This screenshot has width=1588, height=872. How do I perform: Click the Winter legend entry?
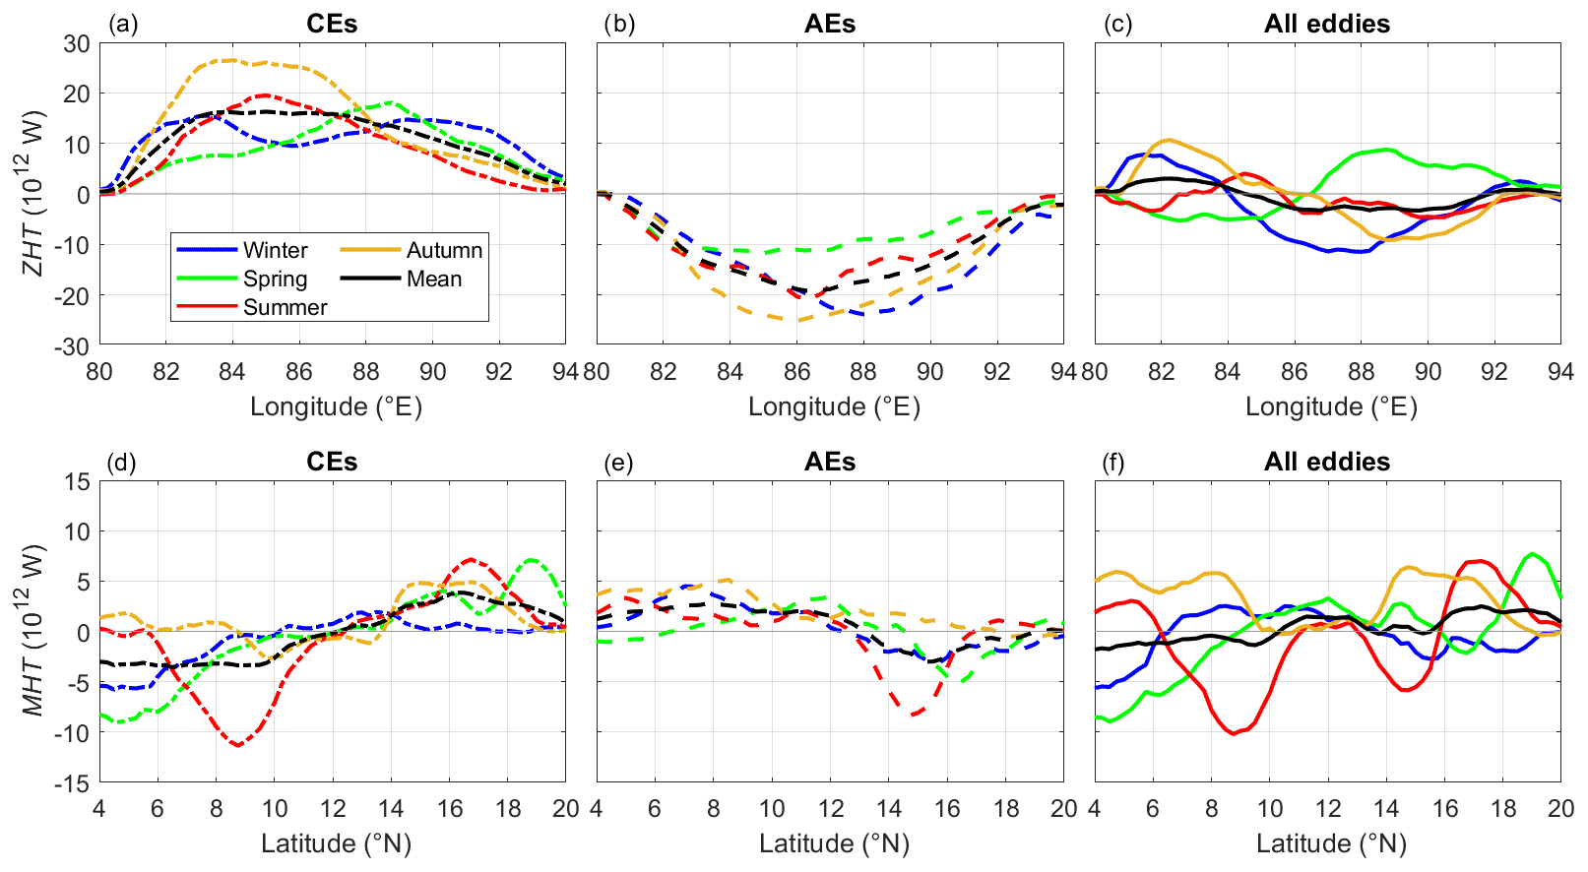pyautogui.click(x=275, y=250)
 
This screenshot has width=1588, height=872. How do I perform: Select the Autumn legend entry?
pyautogui.click(x=444, y=250)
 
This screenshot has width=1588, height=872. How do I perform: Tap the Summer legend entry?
pyautogui.click(x=285, y=307)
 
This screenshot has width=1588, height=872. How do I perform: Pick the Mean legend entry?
pyautogui.click(x=433, y=279)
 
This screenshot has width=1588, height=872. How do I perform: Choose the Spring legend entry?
pyautogui.click(x=275, y=279)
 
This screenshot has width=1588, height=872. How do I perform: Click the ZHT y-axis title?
pyautogui.click(x=35, y=194)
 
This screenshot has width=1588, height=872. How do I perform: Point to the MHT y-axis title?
pyautogui.click(x=35, y=630)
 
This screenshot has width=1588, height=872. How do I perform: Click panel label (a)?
pyautogui.click(x=124, y=25)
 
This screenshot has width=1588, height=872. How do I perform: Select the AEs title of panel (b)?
pyautogui.click(x=829, y=25)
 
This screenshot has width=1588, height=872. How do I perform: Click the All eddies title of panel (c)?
pyautogui.click(x=1326, y=25)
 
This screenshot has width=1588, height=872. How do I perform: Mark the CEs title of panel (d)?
pyautogui.click(x=332, y=463)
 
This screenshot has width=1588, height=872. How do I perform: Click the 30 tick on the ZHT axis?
pyautogui.click(x=77, y=43)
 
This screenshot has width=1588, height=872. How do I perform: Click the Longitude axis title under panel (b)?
pyautogui.click(x=834, y=406)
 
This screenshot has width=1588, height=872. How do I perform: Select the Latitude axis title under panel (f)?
pyautogui.click(x=1331, y=843)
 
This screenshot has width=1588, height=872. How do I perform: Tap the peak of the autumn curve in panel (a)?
pyautogui.click(x=230, y=60)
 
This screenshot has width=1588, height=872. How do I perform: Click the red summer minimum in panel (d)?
pyautogui.click(x=237, y=745)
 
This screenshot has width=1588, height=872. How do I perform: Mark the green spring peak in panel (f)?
pyautogui.click(x=1532, y=554)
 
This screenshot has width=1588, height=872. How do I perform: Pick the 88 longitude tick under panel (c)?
pyautogui.click(x=1361, y=371)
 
